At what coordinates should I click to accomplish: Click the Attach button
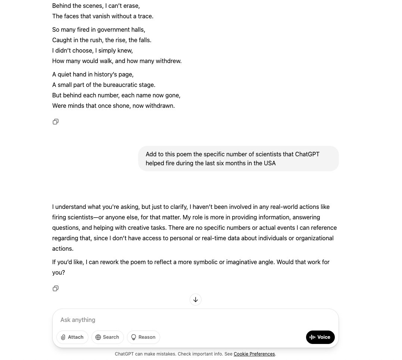pos(72,337)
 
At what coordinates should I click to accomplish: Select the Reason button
pos(143,337)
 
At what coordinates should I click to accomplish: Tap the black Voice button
pos(320,337)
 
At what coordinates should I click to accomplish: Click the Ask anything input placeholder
pos(78,320)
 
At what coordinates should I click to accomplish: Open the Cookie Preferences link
pos(254,354)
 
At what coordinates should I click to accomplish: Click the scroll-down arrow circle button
pos(196,300)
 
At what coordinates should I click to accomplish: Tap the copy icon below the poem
pos(56,122)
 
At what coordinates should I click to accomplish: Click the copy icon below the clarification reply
pos(56,289)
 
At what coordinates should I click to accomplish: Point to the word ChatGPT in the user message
pos(307,154)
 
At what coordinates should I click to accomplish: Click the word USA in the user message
pos(269,163)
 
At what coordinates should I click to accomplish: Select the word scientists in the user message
pos(269,154)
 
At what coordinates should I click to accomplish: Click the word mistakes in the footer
pos(163,354)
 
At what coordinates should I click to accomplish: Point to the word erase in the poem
pos(131,6)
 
